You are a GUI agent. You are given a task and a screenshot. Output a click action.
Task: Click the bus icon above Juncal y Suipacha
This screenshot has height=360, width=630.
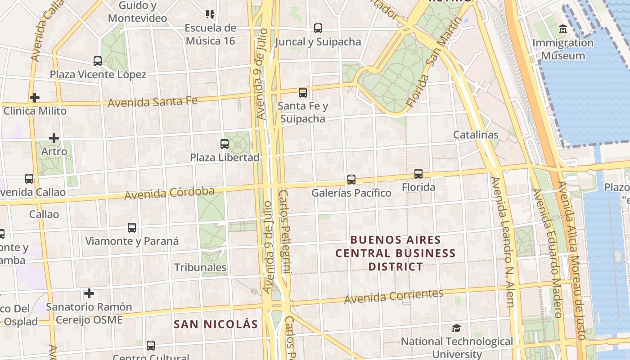click(x=318, y=28)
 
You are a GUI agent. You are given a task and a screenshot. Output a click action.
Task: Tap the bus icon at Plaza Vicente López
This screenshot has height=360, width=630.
click(x=98, y=61)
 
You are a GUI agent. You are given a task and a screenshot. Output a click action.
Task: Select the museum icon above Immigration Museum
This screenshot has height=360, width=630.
click(x=562, y=30)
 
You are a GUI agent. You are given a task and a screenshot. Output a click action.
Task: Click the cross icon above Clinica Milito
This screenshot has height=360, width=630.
click(x=35, y=97)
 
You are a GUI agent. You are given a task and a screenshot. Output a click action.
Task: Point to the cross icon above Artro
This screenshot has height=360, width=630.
click(x=54, y=138)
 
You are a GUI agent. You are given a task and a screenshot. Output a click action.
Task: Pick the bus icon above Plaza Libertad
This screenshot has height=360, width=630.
click(x=225, y=144)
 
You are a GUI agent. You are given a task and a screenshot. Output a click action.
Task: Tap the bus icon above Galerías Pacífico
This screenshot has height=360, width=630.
click(x=351, y=180)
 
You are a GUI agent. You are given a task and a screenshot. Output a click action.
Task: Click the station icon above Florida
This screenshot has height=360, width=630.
click(x=418, y=174)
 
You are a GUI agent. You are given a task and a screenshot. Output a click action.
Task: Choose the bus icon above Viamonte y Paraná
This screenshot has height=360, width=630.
click(x=132, y=228)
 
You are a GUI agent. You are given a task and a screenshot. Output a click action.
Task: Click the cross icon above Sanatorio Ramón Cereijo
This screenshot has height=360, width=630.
click(x=89, y=294)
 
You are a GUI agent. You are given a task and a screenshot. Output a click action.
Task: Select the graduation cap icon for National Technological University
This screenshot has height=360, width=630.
click(x=457, y=328)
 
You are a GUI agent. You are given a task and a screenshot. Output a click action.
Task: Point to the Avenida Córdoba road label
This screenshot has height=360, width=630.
click(x=169, y=193)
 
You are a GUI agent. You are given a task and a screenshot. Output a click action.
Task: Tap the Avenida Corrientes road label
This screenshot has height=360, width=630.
click(x=394, y=296)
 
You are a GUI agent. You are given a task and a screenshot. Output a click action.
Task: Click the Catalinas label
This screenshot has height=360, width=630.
click(x=476, y=135)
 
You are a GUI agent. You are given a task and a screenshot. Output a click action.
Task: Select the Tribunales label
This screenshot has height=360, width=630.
click(x=200, y=267)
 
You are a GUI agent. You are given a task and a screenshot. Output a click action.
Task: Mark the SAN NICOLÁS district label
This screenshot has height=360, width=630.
click(x=216, y=324)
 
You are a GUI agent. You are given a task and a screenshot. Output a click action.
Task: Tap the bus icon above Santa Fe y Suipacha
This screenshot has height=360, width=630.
click(x=303, y=93)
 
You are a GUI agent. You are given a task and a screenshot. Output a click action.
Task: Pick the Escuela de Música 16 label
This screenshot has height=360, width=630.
click(x=210, y=34)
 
